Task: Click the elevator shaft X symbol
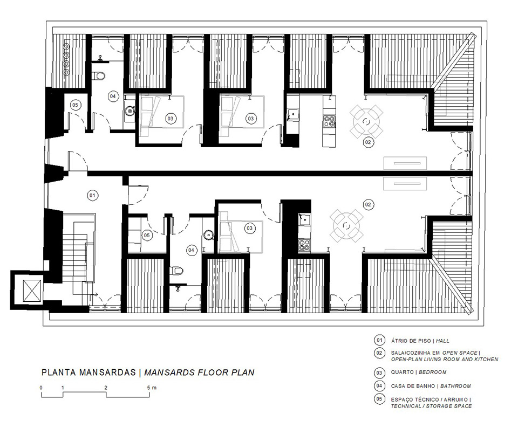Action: pyautogui.click(x=32, y=291)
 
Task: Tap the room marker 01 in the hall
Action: pyautogui.click(x=92, y=195)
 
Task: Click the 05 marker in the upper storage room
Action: pyautogui.click(x=75, y=105)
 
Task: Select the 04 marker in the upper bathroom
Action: pyautogui.click(x=113, y=96)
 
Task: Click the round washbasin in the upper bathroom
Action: pyautogui.click(x=129, y=111)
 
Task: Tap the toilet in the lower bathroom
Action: pyautogui.click(x=177, y=271)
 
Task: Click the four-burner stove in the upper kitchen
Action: pyautogui.click(x=329, y=121)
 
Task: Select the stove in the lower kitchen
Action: pyautogui.click(x=304, y=245)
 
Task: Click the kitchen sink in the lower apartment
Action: pyautogui.click(x=304, y=219)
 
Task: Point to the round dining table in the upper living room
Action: pyautogui.click(x=366, y=122)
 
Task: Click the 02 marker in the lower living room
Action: pyautogui.click(x=367, y=204)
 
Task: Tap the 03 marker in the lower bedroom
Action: pyautogui.click(x=249, y=229)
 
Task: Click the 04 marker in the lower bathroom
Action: pyautogui.click(x=191, y=250)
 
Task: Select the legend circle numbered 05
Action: pyautogui.click(x=379, y=399)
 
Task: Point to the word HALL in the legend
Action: pyautogui.click(x=442, y=341)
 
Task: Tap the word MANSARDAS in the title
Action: pyautogui.click(x=108, y=372)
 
